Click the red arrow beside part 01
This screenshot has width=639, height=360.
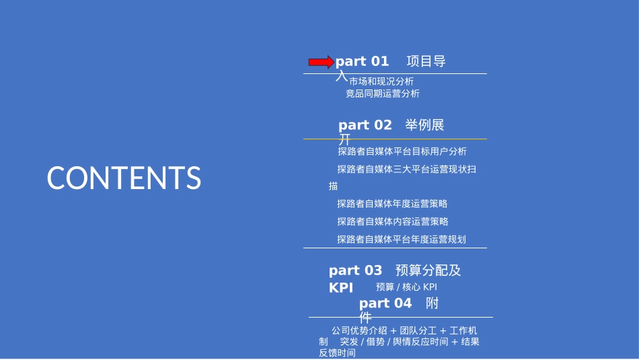(321, 62)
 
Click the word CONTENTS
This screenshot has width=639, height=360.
(124, 178)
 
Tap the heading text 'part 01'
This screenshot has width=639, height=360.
(363, 62)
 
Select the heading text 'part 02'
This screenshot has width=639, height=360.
(365, 125)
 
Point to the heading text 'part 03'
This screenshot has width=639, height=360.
(355, 271)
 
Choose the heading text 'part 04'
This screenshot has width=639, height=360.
(385, 303)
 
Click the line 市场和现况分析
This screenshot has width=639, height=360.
(381, 81)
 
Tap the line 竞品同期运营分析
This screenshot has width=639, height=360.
(382, 94)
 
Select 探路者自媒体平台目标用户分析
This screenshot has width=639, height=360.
(402, 151)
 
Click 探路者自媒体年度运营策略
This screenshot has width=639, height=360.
(392, 204)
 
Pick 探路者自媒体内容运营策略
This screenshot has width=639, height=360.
(393, 221)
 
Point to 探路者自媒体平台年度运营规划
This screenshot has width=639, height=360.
(402, 239)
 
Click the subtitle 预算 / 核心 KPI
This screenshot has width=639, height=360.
(406, 287)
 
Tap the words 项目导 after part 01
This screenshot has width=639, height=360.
(426, 62)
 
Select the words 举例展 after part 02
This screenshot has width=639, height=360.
(424, 125)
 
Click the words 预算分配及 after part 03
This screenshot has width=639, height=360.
(428, 271)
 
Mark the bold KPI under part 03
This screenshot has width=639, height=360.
(341, 288)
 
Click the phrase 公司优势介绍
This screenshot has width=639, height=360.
(359, 330)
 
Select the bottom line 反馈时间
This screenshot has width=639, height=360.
(337, 353)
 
